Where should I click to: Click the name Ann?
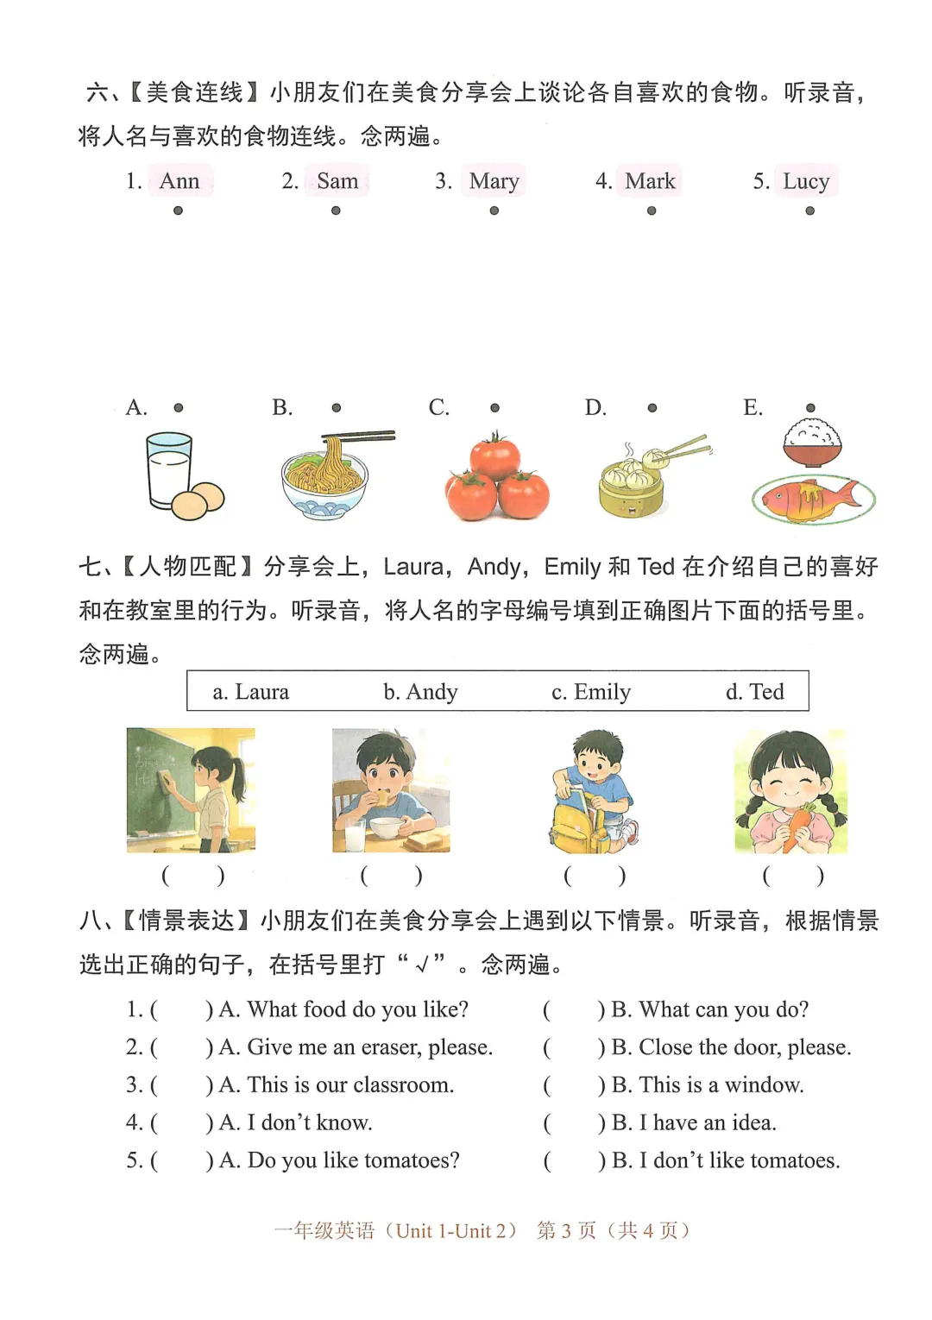tap(179, 181)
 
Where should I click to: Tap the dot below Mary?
tap(494, 211)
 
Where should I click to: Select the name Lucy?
tap(806, 181)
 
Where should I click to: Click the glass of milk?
tap(168, 470)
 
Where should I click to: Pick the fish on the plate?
tap(812, 498)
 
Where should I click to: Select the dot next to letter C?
tap(494, 408)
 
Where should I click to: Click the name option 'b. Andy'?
tap(420, 692)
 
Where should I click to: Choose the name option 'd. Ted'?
tap(754, 692)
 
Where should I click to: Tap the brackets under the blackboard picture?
tap(192, 876)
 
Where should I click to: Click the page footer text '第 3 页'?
tap(566, 1230)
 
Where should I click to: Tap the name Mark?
tap(650, 181)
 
